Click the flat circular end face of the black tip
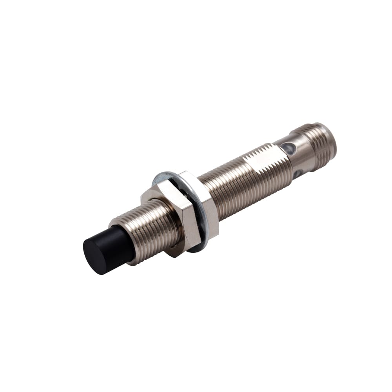(x=95, y=255)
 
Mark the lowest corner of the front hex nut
(x=176, y=255)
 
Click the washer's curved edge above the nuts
(x=165, y=175)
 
